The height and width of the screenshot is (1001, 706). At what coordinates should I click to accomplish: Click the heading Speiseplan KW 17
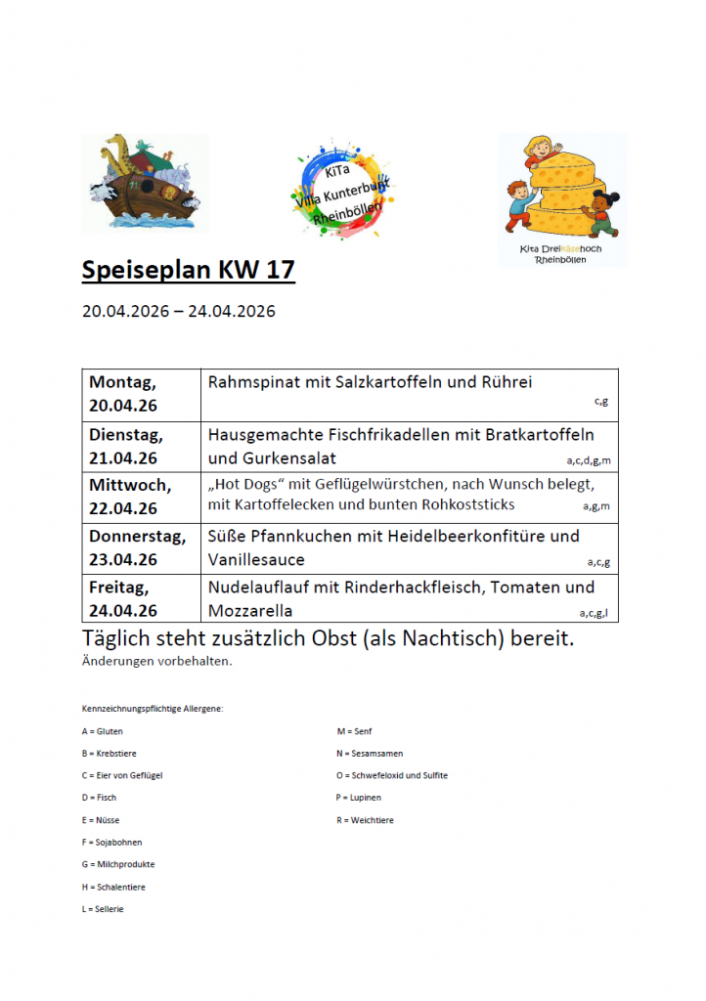pyautogui.click(x=188, y=270)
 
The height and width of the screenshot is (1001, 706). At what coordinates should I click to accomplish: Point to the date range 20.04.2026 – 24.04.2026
pyautogui.click(x=179, y=312)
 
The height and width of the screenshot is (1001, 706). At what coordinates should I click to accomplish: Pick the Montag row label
pyautogui.click(x=122, y=382)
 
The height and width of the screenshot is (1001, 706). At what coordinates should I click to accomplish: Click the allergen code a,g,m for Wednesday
pyautogui.click(x=596, y=506)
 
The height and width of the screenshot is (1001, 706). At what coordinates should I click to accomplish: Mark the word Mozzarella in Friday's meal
pyautogui.click(x=250, y=611)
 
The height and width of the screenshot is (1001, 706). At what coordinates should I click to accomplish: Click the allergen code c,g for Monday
pyautogui.click(x=601, y=401)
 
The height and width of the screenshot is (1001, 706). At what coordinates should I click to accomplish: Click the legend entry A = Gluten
pyautogui.click(x=103, y=731)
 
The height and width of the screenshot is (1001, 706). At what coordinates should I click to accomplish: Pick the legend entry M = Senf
pyautogui.click(x=354, y=731)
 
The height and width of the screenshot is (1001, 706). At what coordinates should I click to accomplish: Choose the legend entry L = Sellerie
pyautogui.click(x=104, y=909)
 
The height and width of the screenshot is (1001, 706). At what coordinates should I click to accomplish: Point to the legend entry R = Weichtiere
pyautogui.click(x=365, y=820)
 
